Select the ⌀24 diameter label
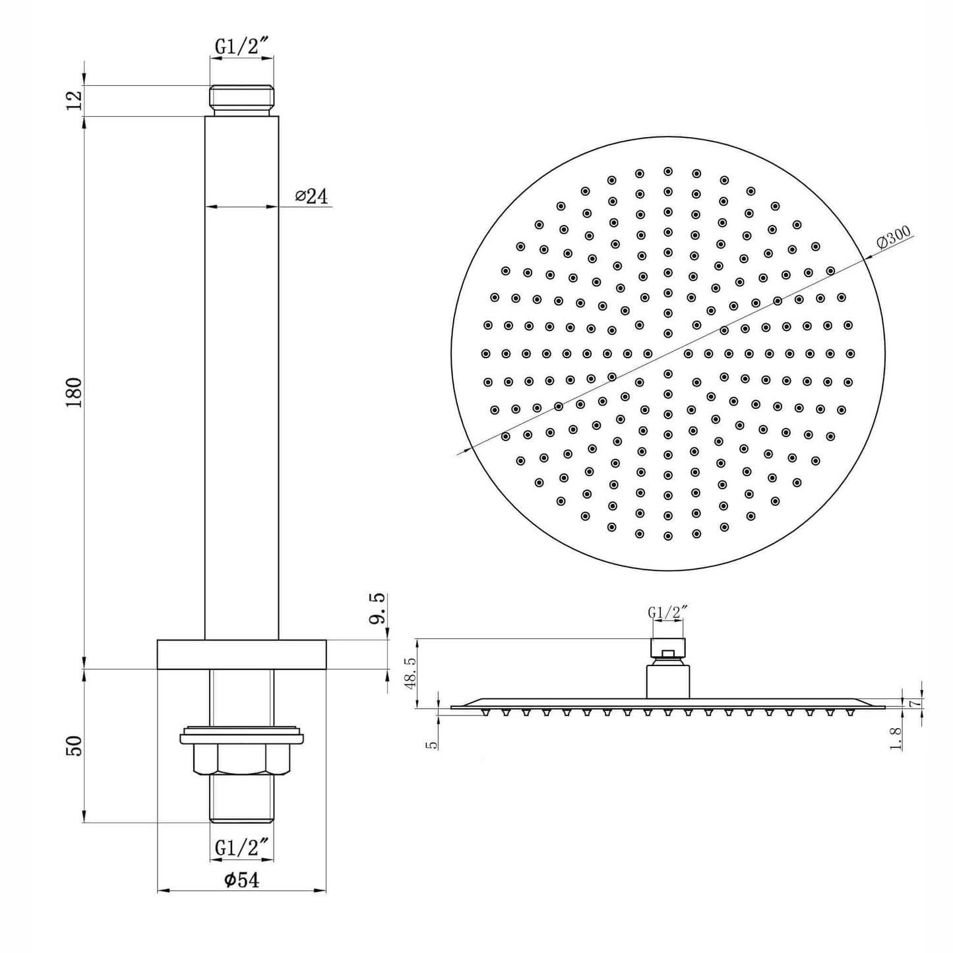(311, 197)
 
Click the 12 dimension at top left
(75, 100)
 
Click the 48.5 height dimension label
(410, 674)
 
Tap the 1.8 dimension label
(896, 739)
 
